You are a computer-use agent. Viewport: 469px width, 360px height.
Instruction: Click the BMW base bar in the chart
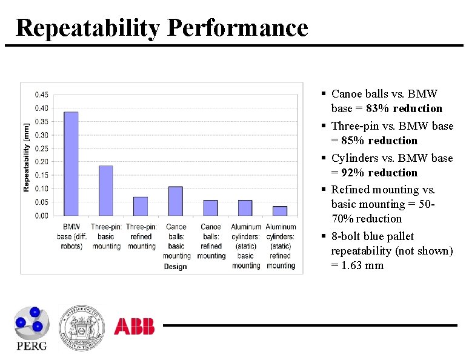click(71, 164)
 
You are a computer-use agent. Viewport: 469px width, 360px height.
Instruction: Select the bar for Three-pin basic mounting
click(106, 190)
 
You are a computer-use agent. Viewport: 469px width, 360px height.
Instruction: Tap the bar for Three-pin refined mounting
click(141, 206)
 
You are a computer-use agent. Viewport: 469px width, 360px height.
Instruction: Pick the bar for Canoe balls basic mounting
click(176, 201)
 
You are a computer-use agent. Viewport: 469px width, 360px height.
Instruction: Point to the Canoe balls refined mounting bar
click(210, 208)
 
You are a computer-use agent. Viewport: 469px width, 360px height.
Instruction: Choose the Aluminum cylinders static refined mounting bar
click(280, 211)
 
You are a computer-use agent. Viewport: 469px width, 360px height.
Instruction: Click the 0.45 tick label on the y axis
click(42, 95)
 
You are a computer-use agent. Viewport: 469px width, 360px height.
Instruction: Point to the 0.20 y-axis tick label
click(42, 162)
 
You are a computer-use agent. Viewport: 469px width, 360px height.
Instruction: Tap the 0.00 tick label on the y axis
click(42, 216)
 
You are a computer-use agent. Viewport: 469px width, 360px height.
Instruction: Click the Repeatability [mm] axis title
click(26, 155)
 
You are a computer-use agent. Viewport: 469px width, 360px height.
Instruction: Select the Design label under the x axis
click(176, 267)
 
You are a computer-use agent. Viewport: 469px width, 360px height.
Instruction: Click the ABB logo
click(134, 327)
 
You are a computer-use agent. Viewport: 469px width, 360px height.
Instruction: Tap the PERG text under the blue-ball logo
click(31, 345)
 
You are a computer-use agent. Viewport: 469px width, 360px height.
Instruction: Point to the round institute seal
click(81, 327)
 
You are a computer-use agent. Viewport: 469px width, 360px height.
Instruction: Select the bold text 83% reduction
click(404, 108)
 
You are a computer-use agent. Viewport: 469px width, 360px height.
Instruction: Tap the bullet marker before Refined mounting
click(325, 190)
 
